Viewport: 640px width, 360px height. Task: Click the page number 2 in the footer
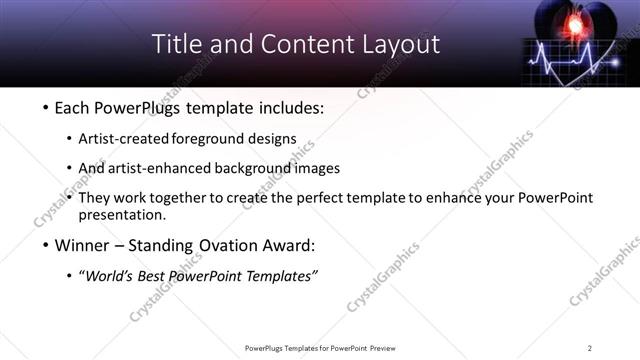(590, 348)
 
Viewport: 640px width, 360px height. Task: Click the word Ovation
(213, 245)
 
